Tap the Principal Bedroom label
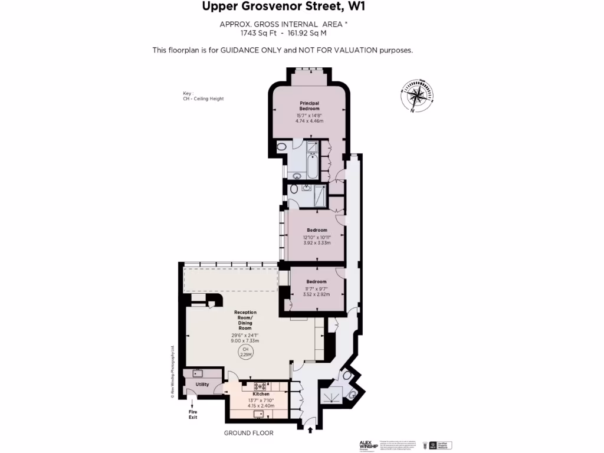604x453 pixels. pos(310,106)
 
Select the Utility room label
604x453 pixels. pos(202,385)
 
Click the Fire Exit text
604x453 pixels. pos(192,414)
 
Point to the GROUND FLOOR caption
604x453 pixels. pos(248,433)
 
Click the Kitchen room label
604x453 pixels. pos(261,394)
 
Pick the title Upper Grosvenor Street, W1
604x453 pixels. pos(280,7)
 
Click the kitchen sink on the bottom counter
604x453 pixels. pos(258,413)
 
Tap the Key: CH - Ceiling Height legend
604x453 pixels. pos(203,96)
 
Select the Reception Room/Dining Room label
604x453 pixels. pos(245,320)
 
